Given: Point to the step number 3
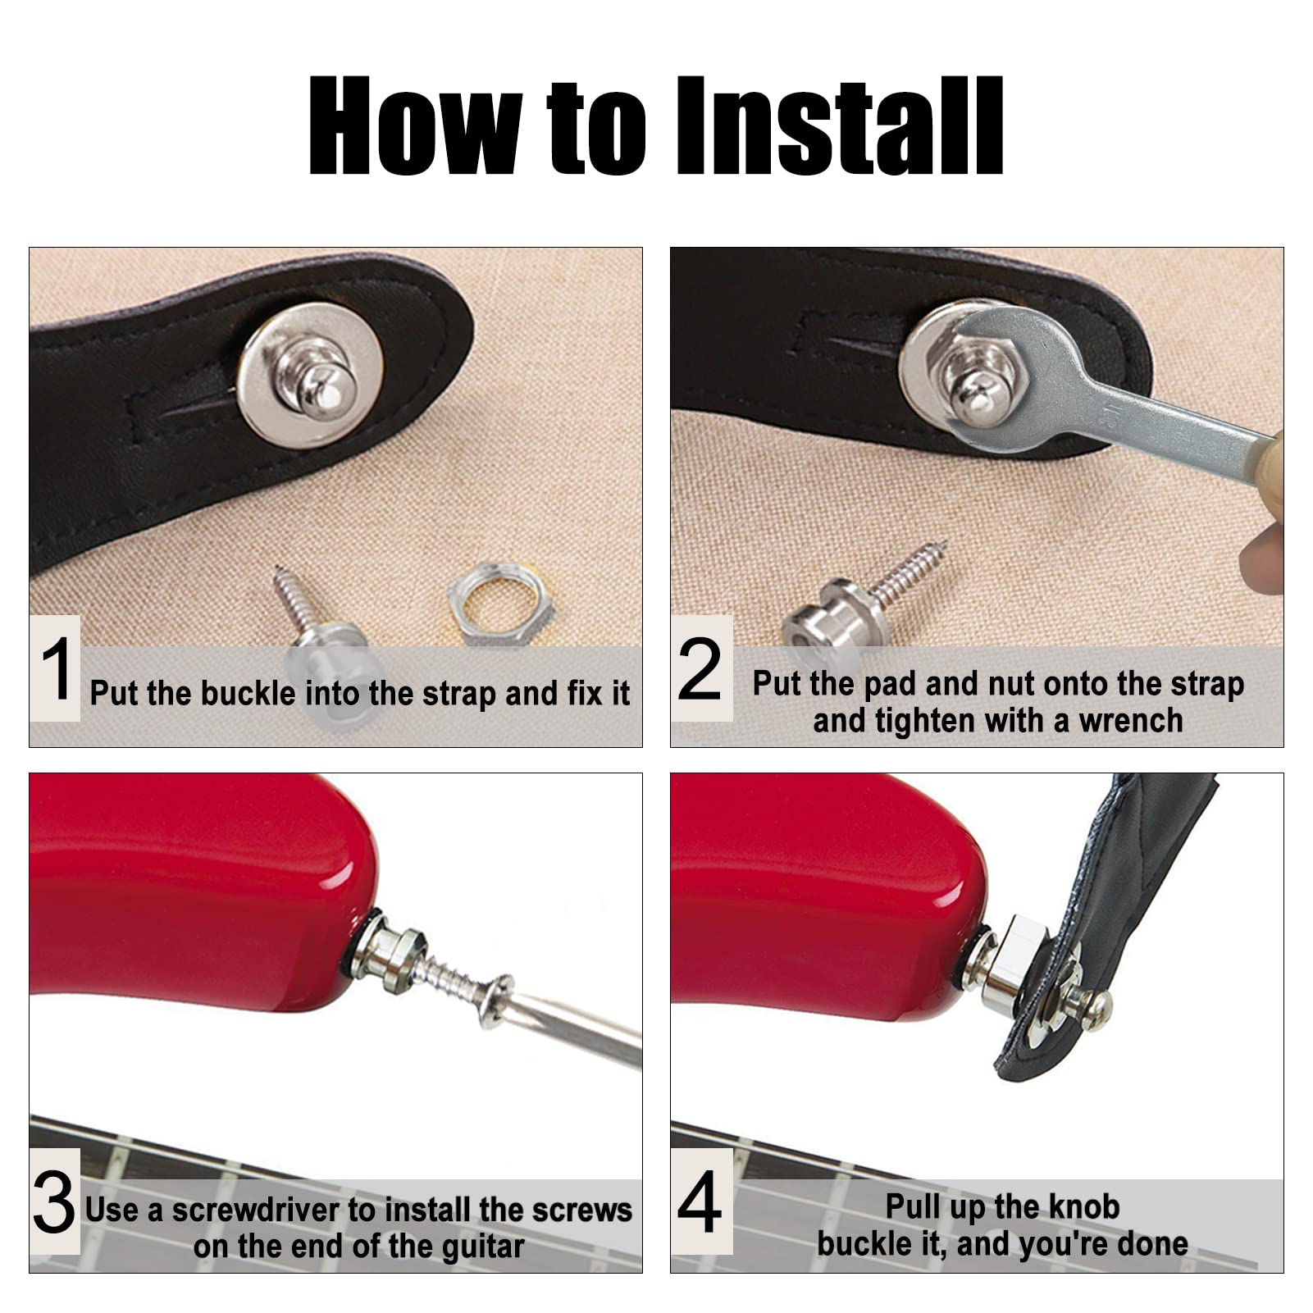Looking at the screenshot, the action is (54, 1202).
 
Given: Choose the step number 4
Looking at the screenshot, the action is (700, 1202).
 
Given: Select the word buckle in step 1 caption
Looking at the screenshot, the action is (248, 694).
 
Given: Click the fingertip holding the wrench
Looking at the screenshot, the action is (1263, 566).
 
